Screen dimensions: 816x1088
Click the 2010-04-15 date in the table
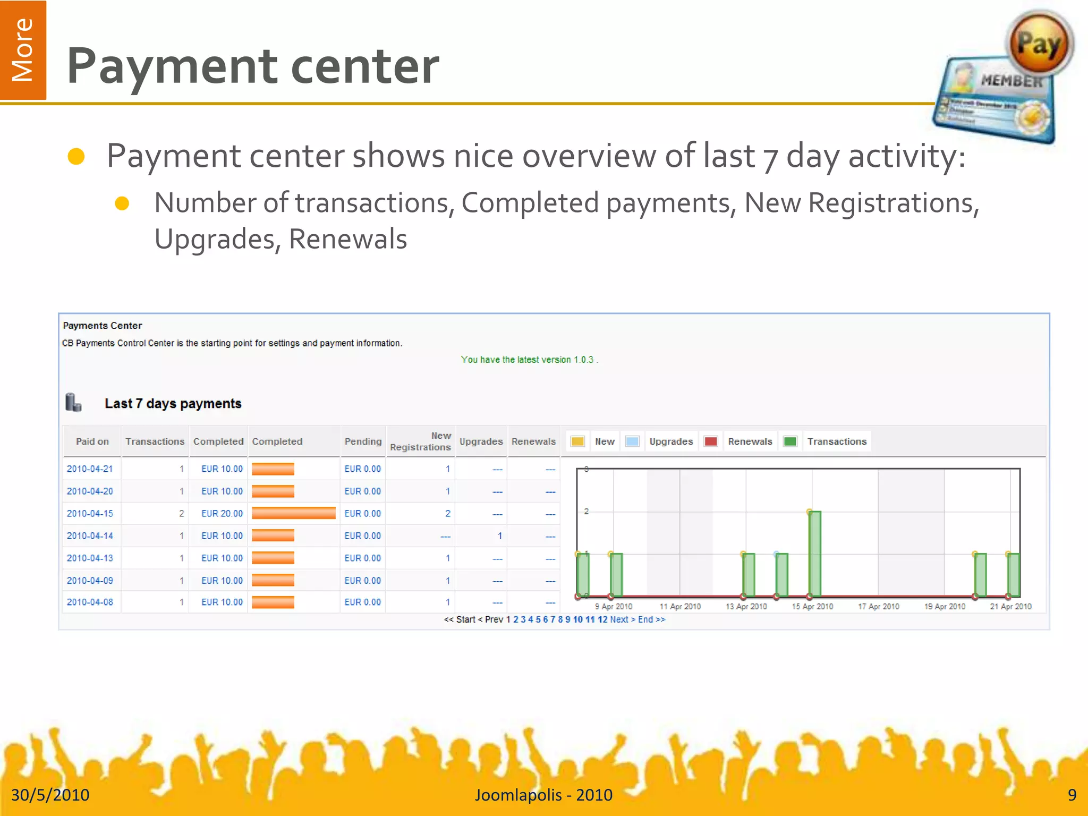coord(90,514)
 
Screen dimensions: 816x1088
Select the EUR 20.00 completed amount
coord(222,514)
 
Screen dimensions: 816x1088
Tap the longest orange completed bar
coord(293,513)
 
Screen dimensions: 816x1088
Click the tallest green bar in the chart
coord(814,554)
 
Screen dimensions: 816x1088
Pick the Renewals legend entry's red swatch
coord(710,441)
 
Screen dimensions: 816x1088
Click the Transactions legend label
coord(837,441)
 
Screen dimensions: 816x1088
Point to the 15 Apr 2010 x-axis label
coord(812,607)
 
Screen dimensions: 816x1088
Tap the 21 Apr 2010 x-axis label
coord(1010,607)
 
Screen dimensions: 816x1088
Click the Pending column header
coord(363,441)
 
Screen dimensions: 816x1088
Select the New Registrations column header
coord(420,441)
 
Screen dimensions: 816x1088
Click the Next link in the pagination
coord(619,619)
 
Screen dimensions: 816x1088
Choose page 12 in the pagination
coord(602,619)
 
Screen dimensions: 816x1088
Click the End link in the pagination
coord(645,619)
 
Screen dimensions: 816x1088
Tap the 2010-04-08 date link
coord(90,602)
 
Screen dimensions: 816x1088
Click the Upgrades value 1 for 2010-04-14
coord(499,536)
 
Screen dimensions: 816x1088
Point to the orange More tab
coord(23,50)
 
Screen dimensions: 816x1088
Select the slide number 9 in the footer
coord(1072,795)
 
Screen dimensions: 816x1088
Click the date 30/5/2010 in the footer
coord(50,795)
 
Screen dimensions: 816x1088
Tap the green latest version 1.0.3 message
coord(529,360)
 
